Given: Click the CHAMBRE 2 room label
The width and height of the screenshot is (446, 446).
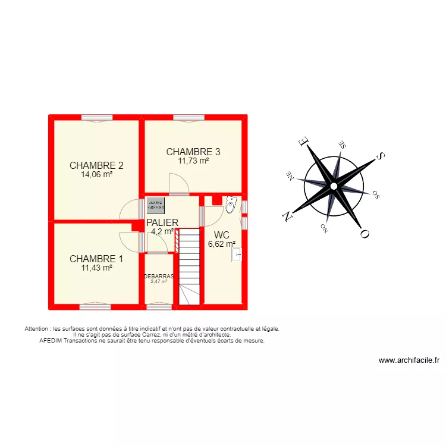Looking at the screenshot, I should [x=96, y=165].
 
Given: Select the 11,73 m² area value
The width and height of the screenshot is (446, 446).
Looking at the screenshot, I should [x=193, y=160].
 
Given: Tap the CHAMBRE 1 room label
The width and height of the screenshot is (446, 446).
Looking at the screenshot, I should [x=96, y=259].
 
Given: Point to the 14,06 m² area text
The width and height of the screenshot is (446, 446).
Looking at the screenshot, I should [x=96, y=175].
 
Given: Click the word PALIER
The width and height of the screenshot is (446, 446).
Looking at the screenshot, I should [x=162, y=222].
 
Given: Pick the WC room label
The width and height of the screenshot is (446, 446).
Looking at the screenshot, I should [x=222, y=234].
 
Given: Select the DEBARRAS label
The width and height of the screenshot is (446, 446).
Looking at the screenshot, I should [x=159, y=276].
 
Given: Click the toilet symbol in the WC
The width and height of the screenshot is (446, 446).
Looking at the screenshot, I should [x=231, y=205].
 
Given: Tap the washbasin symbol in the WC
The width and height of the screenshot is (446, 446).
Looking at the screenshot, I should [x=237, y=255].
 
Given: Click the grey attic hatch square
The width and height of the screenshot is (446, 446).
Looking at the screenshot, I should [x=156, y=205].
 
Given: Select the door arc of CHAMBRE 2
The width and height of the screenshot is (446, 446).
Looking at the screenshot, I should [x=128, y=209].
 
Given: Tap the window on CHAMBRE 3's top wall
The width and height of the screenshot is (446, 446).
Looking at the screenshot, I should [x=189, y=118].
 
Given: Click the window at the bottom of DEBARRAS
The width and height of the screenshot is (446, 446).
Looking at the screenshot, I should [x=159, y=307].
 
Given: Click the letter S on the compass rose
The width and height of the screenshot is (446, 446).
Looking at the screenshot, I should [x=381, y=156].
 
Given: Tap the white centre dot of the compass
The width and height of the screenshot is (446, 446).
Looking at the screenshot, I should [x=334, y=186].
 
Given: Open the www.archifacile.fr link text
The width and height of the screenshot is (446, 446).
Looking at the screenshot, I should [x=409, y=360].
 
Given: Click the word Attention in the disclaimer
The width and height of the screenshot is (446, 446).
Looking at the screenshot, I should [x=37, y=328].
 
